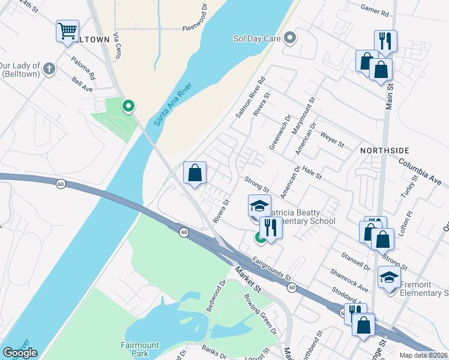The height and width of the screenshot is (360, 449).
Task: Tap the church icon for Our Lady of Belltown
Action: (x=49, y=69)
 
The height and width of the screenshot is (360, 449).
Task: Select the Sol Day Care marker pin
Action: (x=290, y=39)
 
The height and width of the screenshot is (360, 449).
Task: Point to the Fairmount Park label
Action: (x=139, y=345)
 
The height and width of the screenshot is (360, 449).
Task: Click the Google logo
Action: (x=20, y=353)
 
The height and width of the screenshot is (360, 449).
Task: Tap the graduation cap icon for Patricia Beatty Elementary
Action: (x=259, y=206)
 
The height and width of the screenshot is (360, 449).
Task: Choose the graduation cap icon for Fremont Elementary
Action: (x=389, y=277)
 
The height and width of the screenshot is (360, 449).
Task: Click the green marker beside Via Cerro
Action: (x=128, y=106)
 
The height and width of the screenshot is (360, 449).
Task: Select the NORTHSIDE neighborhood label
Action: (x=384, y=150)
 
